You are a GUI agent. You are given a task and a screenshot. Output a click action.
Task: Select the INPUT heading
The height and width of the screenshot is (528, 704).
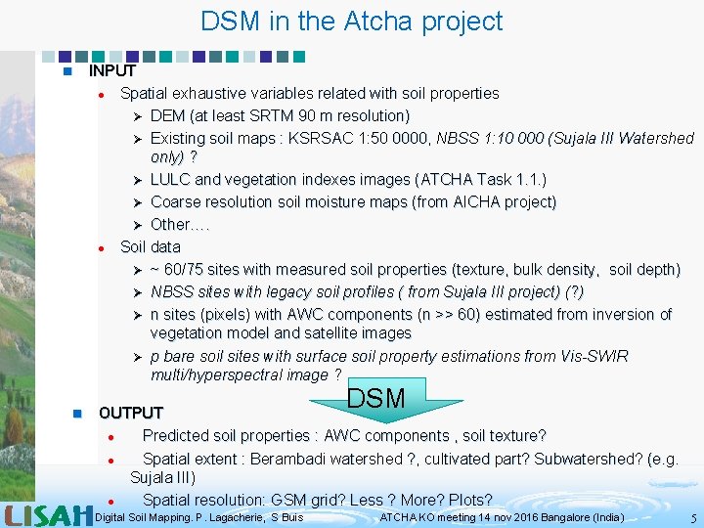pos(111,70)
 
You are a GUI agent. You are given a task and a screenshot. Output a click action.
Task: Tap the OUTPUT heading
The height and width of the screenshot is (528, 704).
pos(131,413)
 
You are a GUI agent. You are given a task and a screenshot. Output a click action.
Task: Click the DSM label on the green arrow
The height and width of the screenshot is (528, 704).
pos(375,398)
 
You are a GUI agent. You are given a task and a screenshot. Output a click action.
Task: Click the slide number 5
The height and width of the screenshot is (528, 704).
pos(692,517)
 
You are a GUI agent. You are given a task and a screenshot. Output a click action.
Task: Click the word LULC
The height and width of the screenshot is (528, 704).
pos(170,180)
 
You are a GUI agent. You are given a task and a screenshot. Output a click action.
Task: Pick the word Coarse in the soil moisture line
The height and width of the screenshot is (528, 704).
pos(176,202)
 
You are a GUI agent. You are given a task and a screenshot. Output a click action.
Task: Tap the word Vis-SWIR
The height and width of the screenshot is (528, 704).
pos(594,356)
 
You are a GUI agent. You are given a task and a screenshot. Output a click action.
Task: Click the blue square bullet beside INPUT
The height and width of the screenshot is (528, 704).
pos(66,71)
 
